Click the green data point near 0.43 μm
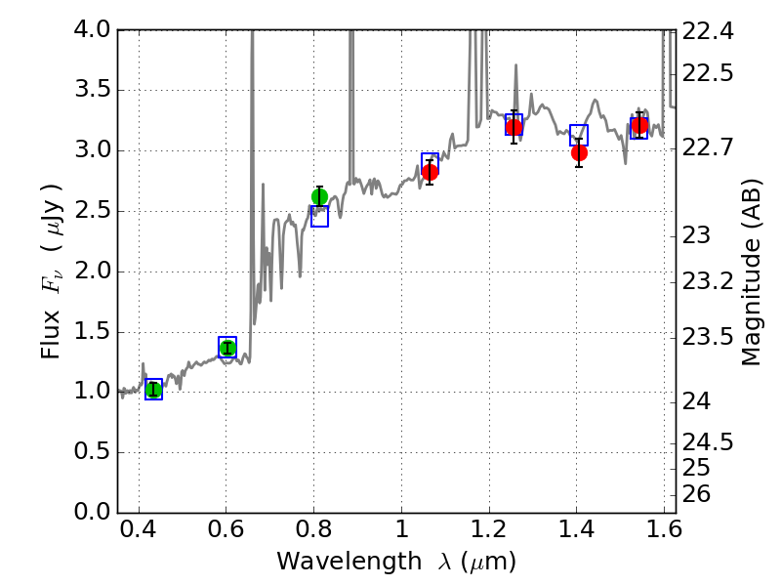[x=153, y=390]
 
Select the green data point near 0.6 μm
[x=227, y=348]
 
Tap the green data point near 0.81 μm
[x=319, y=196]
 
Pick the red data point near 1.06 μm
[x=430, y=172]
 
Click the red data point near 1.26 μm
[x=514, y=127]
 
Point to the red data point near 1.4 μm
[x=579, y=152]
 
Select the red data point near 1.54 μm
[x=639, y=125]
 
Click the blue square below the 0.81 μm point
[x=319, y=217]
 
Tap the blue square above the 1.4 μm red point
[x=579, y=135]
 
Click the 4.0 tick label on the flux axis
[x=93, y=30]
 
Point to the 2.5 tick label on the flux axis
[x=93, y=211]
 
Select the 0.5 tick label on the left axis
[x=93, y=452]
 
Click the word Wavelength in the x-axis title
[x=334, y=562]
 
